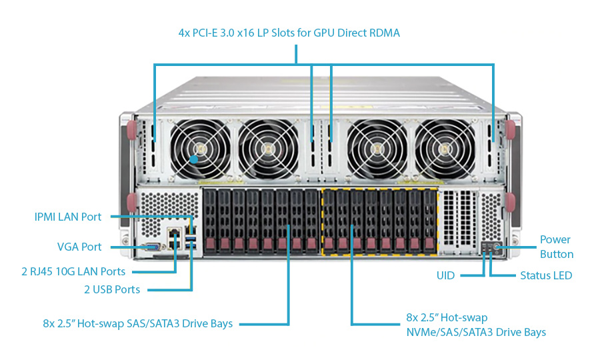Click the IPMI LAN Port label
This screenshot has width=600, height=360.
tap(68, 217)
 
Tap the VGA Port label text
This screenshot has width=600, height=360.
tap(79, 247)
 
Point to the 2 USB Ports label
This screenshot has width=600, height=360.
tap(112, 289)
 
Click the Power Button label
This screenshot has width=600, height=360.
tap(556, 247)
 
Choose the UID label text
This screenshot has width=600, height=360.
tap(446, 275)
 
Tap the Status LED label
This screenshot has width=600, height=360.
tap(546, 275)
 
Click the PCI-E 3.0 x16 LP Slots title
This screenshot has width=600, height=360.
tap(289, 32)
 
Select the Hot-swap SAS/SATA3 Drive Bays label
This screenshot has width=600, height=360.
tap(137, 324)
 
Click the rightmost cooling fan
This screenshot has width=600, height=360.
tap(443, 150)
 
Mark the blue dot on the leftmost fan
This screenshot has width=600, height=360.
tap(193, 159)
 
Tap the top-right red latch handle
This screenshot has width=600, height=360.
tap(513, 129)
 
